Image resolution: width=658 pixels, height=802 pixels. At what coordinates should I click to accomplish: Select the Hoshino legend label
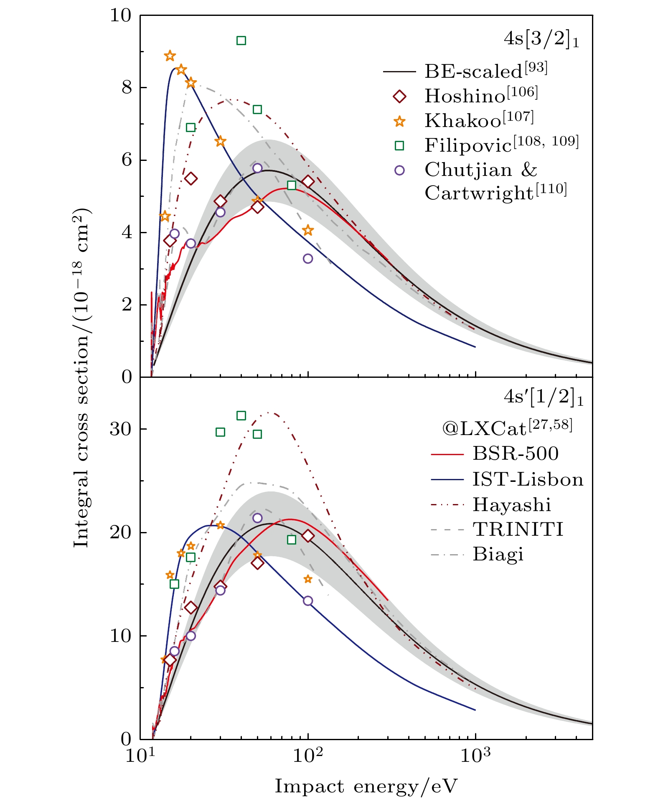[481, 96]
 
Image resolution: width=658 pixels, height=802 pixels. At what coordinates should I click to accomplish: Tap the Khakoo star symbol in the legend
[400, 121]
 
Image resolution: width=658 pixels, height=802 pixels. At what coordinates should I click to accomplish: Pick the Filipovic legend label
[501, 145]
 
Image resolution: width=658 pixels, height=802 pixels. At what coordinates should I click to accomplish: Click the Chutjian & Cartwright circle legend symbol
[400, 170]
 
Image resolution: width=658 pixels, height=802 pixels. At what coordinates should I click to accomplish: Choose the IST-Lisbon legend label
[528, 479]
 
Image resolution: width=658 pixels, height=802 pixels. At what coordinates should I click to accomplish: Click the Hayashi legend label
[511, 505]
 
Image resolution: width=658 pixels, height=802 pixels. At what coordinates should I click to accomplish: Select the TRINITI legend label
[518, 530]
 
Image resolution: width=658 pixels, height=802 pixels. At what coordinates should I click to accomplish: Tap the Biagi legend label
[498, 555]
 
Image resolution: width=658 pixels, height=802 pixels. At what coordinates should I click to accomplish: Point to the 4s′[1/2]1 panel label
[543, 397]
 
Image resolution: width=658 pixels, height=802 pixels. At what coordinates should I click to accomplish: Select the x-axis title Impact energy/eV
[366, 786]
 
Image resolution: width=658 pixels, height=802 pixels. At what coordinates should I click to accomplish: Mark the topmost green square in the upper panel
[241, 41]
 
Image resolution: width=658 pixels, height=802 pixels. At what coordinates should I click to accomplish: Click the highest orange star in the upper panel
[170, 56]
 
